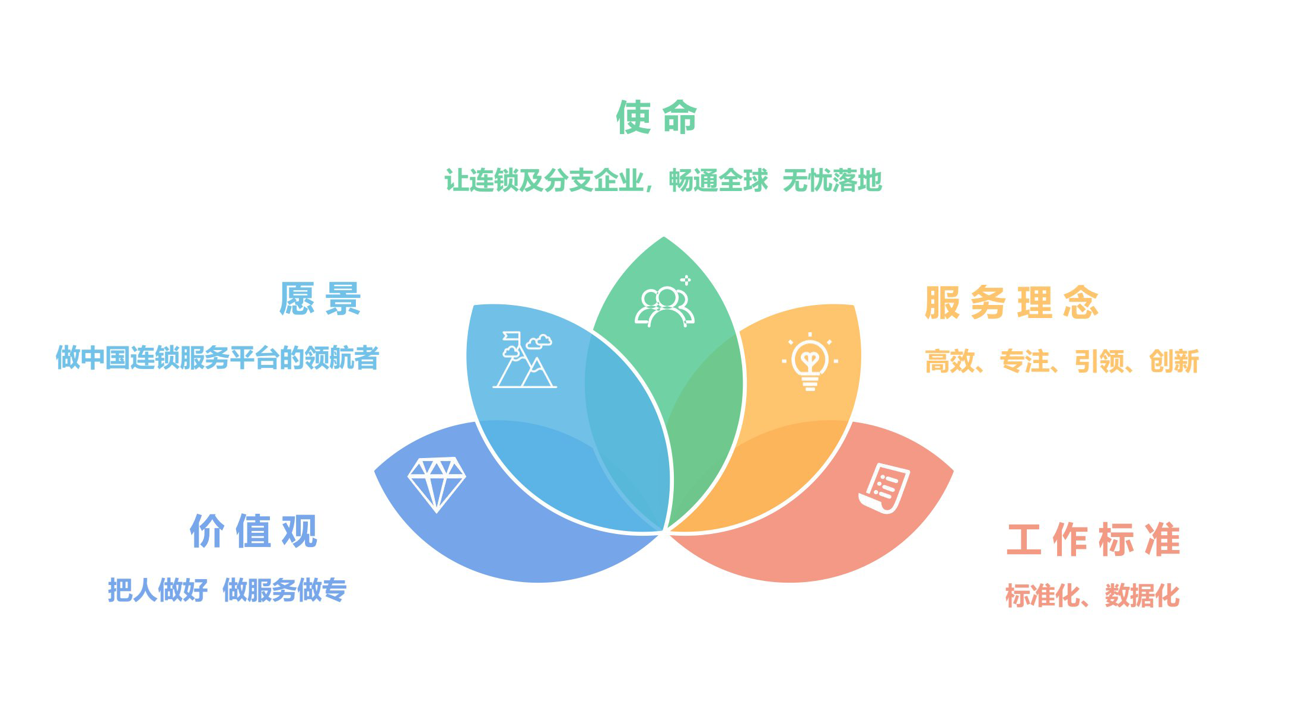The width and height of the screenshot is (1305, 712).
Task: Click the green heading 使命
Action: pyautogui.click(x=656, y=117)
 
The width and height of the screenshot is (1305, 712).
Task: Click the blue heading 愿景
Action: pyautogui.click(x=320, y=298)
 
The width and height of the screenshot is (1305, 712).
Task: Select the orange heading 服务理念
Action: pyautogui.click(x=1011, y=303)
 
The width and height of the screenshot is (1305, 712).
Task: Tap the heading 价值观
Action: pyautogui.click(x=253, y=531)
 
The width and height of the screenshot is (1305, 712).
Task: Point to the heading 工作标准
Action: pyautogui.click(x=1093, y=539)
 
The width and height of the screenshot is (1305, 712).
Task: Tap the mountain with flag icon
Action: pyautogui.click(x=524, y=360)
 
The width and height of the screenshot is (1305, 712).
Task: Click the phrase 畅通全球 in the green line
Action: pyautogui.click(x=718, y=180)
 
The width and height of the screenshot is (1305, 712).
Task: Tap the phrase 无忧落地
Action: pyautogui.click(x=832, y=180)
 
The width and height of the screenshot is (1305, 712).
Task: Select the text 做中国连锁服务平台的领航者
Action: pyautogui.click(x=217, y=358)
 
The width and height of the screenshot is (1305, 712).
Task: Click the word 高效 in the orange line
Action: pyautogui.click(x=950, y=361)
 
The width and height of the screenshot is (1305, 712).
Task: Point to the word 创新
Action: pyautogui.click(x=1174, y=361)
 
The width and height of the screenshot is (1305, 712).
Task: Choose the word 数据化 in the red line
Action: pyautogui.click(x=1142, y=596)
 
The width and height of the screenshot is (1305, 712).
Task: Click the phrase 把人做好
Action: pyautogui.click(x=158, y=590)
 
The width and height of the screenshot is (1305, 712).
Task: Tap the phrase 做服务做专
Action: pyautogui.click(x=284, y=590)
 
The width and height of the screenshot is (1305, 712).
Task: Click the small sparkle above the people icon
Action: pyautogui.click(x=686, y=279)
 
